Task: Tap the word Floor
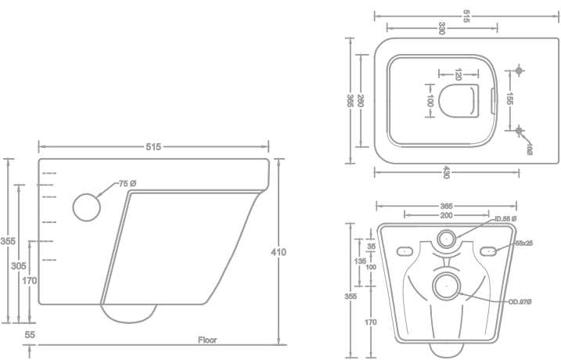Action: [x=207, y=340]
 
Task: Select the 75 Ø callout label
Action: [x=128, y=183]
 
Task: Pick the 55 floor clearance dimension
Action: [x=31, y=335]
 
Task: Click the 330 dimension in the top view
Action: [x=442, y=28]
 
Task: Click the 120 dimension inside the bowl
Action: [x=458, y=75]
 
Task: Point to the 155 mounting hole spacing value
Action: [x=509, y=99]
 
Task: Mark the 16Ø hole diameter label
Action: [x=530, y=149]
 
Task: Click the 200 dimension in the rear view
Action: [x=445, y=214]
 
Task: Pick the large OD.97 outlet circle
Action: [x=447, y=285]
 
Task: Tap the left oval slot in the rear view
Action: [x=404, y=251]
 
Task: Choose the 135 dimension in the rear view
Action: [x=360, y=260]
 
